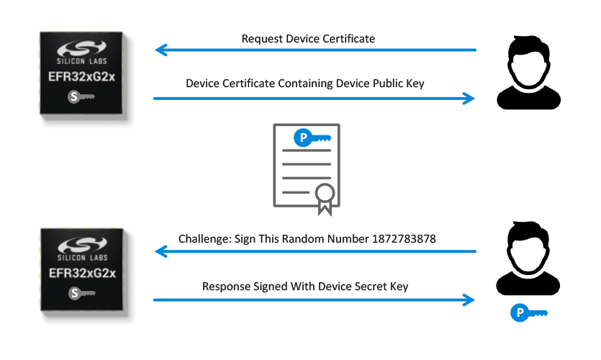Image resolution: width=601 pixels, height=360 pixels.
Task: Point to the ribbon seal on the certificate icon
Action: click(325, 197)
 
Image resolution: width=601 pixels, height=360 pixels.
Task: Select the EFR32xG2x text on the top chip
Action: click(87, 78)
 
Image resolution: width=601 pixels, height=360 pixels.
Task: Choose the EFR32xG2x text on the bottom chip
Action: click(87, 274)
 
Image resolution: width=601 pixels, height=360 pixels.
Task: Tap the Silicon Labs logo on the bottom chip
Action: click(87, 249)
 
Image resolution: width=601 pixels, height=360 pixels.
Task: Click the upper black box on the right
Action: click(528, 72)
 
